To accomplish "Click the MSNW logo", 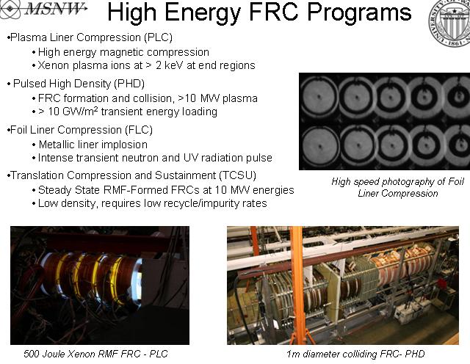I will point(46,11).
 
